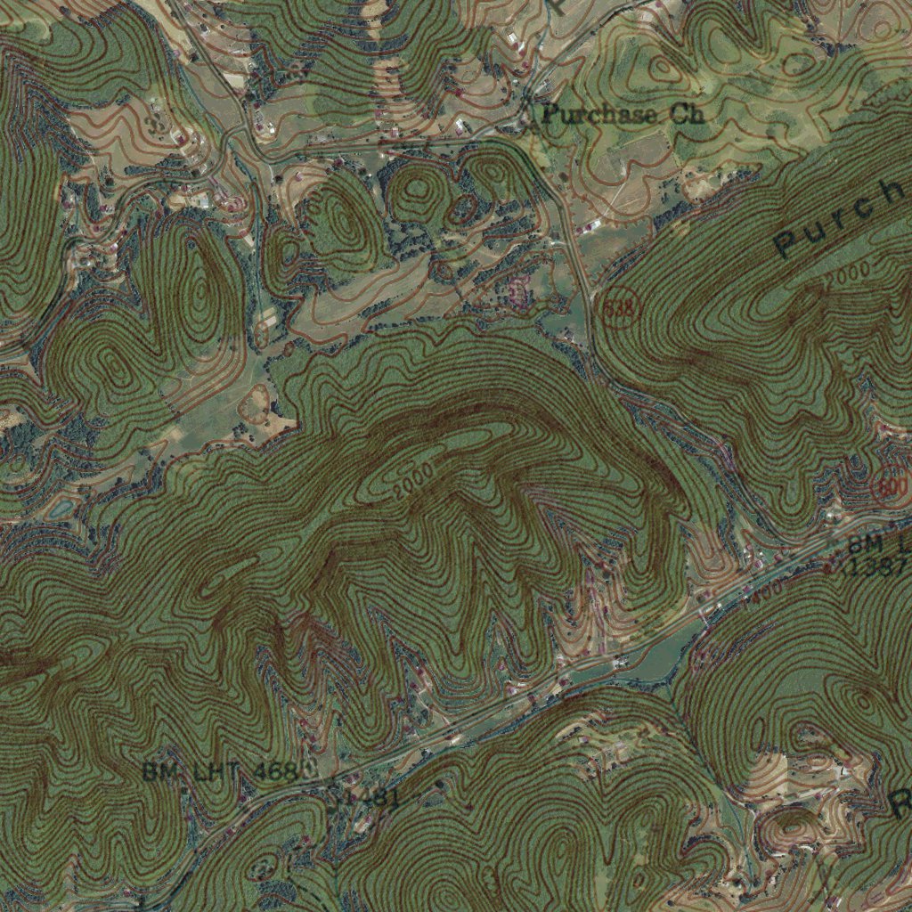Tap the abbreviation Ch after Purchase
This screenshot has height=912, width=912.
tap(685, 114)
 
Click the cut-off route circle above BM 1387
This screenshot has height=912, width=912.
tap(892, 487)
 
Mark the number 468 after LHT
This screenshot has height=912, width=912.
tap(273, 771)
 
